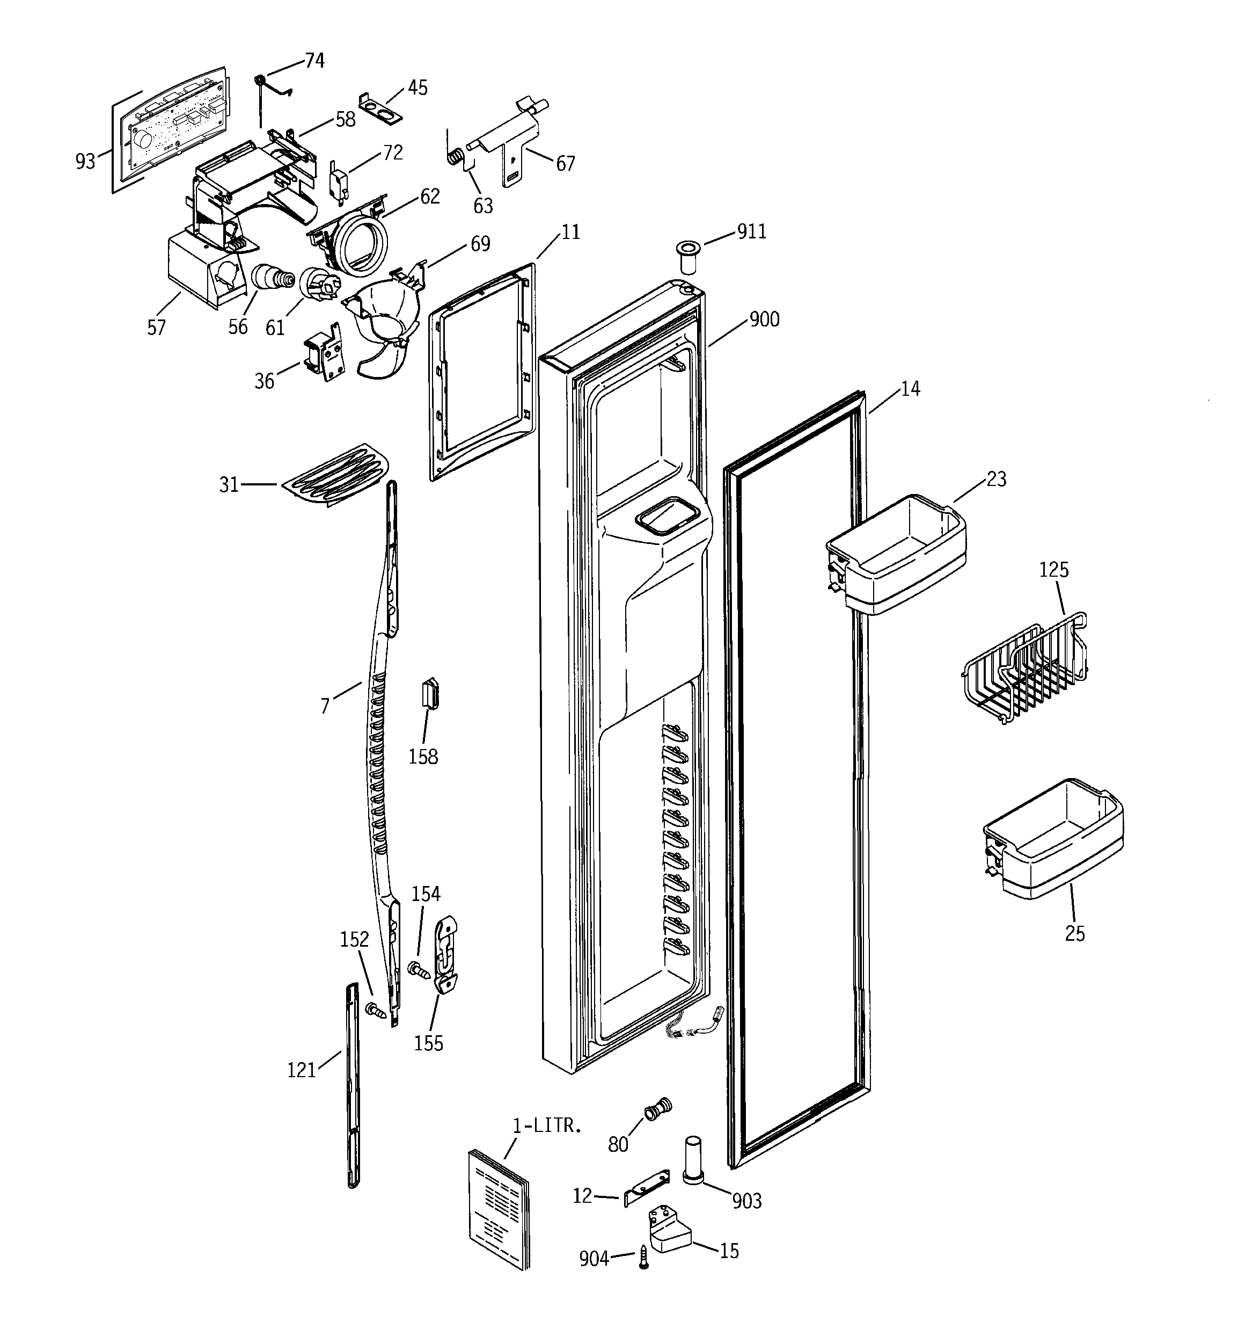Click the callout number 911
(x=751, y=232)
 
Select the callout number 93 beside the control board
(x=85, y=161)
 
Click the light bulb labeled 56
(x=270, y=278)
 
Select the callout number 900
(x=764, y=319)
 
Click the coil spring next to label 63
(x=455, y=156)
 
